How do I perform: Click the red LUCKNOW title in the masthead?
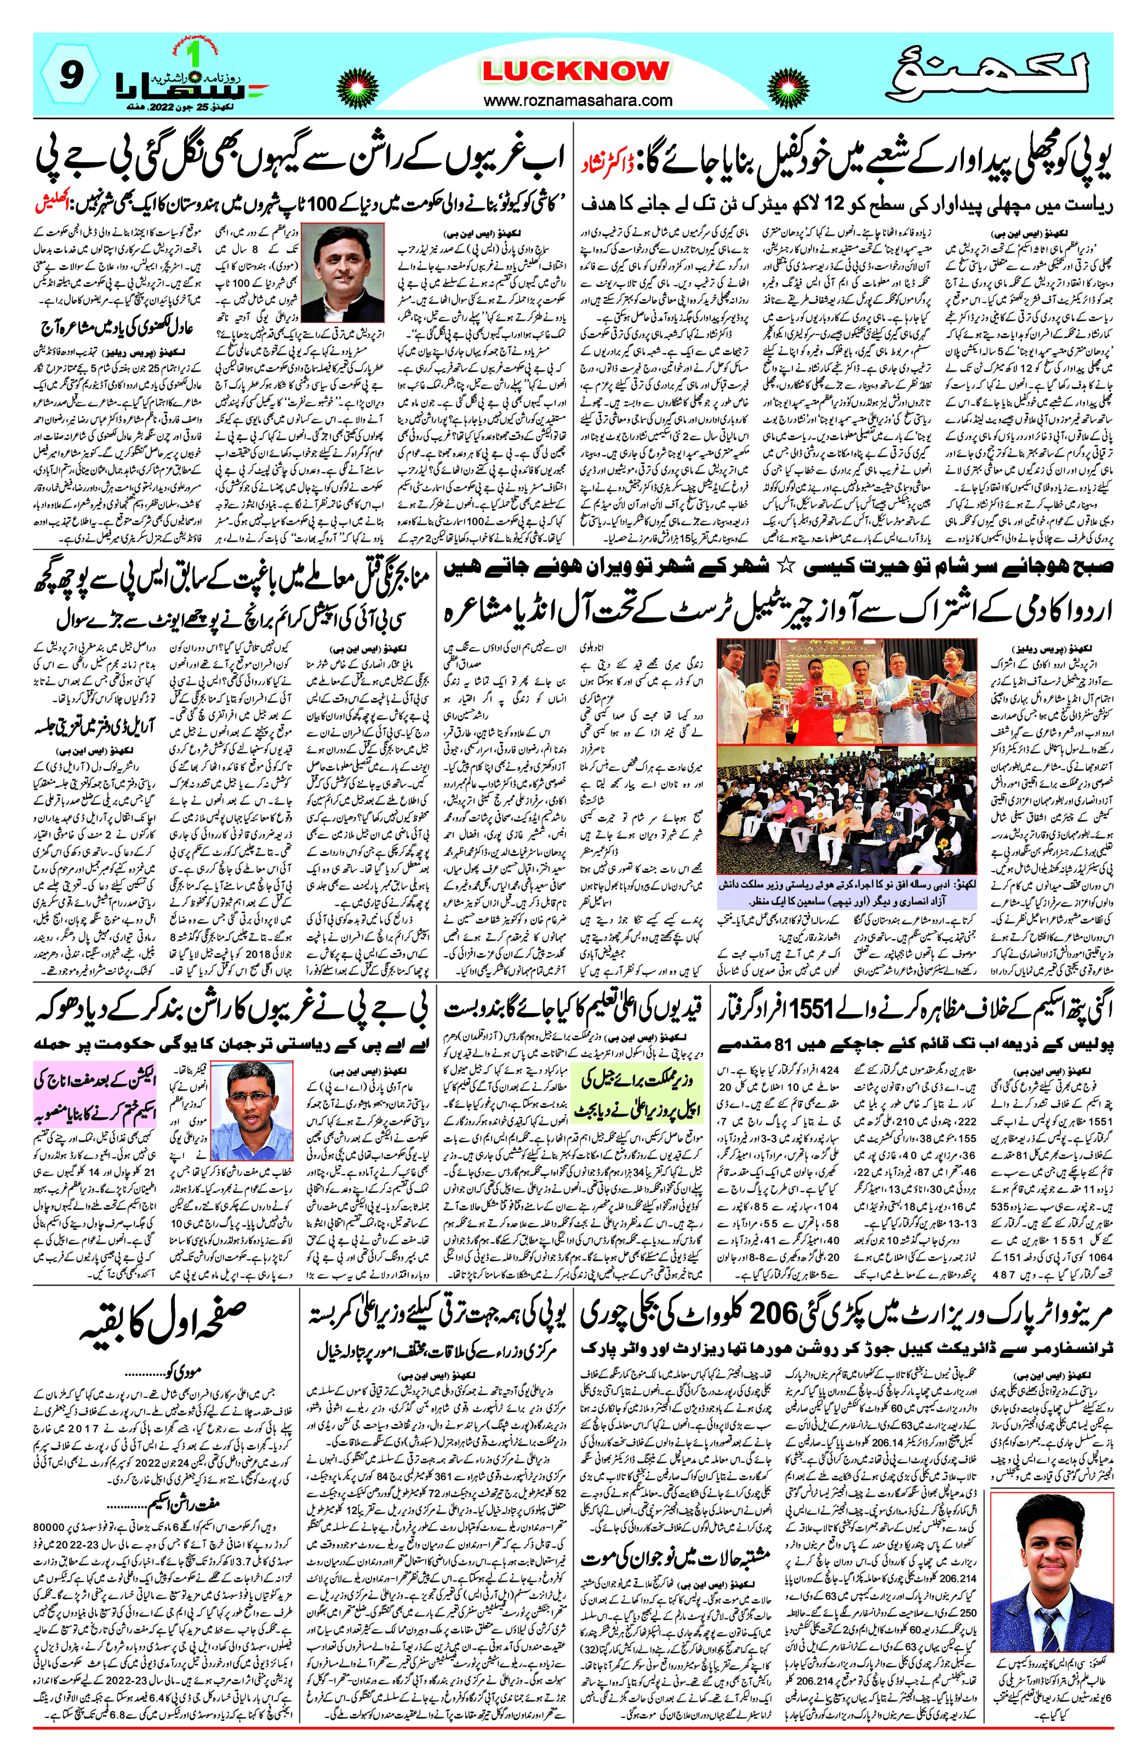point(575,71)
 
